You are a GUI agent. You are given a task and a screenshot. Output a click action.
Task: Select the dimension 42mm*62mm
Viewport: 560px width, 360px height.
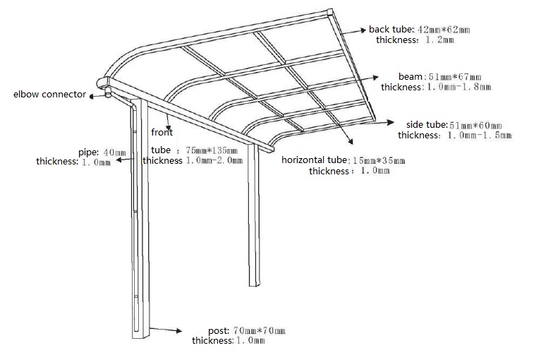pos(444,30)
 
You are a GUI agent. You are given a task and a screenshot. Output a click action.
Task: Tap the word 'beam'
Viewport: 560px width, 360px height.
pos(410,76)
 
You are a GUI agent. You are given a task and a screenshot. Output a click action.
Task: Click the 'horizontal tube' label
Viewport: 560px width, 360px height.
pos(314,160)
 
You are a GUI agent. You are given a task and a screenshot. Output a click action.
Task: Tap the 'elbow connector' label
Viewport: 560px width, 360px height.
pos(49,94)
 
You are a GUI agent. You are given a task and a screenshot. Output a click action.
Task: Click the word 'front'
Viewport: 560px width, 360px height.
pos(162,132)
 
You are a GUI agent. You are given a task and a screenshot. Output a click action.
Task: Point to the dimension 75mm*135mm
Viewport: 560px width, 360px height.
pos(212,150)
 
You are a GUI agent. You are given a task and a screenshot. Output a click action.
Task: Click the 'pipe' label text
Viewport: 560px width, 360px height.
pos(89,152)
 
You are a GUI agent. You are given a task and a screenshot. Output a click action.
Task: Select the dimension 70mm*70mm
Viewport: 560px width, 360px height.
pos(259,330)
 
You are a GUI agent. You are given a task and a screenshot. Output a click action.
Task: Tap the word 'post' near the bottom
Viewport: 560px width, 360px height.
pos(218,330)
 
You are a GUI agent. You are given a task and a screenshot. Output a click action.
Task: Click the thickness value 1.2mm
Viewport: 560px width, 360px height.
pos(439,40)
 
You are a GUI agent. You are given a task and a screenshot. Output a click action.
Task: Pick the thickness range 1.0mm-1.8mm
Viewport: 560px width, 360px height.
pos(456,87)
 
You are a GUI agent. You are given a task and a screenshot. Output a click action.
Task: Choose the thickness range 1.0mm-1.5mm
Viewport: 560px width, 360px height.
pos(477,135)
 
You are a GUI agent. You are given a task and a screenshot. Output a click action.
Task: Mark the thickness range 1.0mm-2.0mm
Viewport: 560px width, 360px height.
pos(214,160)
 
